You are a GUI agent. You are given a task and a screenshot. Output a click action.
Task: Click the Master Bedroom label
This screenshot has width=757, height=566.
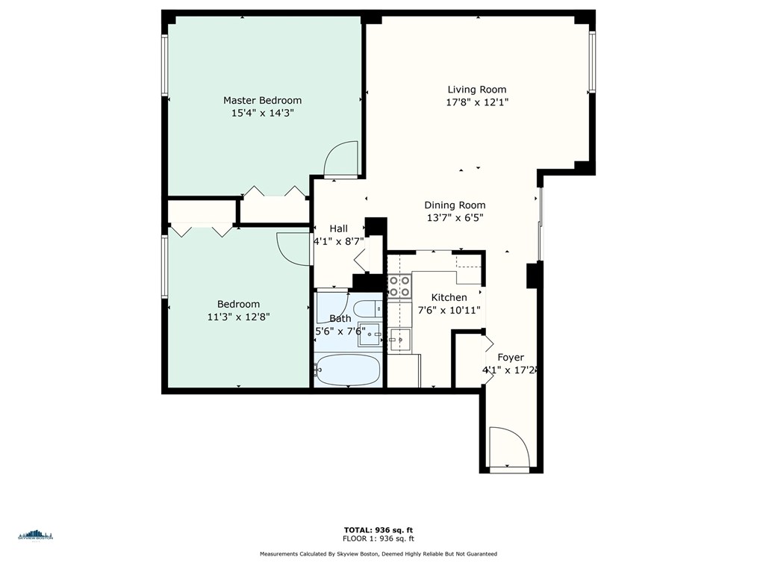(262, 100)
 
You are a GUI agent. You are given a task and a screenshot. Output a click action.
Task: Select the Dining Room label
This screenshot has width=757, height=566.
(455, 205)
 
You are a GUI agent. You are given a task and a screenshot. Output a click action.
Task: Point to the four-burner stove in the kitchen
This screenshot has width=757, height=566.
(399, 287)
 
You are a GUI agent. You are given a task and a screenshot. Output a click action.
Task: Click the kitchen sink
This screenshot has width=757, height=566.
(399, 340)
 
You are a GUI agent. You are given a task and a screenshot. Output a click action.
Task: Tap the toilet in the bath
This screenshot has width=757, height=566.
(367, 309)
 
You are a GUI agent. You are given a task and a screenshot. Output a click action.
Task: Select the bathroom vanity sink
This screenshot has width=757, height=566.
(369, 335)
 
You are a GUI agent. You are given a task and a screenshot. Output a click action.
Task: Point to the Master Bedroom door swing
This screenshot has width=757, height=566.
(343, 159)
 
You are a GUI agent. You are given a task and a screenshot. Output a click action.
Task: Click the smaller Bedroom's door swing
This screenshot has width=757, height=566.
(293, 249)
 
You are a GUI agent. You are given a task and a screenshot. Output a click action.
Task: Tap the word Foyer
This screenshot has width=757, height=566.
(511, 358)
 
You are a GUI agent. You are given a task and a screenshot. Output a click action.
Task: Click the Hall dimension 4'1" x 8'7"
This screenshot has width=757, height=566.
(338, 241)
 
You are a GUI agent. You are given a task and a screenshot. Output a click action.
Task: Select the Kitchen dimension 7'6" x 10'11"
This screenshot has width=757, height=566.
(448, 310)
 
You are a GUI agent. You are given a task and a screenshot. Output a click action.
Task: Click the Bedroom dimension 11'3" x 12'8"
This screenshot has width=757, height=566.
(238, 317)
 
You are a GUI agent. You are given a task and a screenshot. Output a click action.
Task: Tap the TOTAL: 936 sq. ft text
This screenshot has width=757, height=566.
(378, 529)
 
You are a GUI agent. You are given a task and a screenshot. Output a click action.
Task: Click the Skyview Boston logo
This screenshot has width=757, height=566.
(35, 535)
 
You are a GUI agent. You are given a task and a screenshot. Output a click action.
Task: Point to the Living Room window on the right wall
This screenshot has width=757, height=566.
(591, 63)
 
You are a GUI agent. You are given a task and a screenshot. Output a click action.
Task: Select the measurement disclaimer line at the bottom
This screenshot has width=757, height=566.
(378, 554)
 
